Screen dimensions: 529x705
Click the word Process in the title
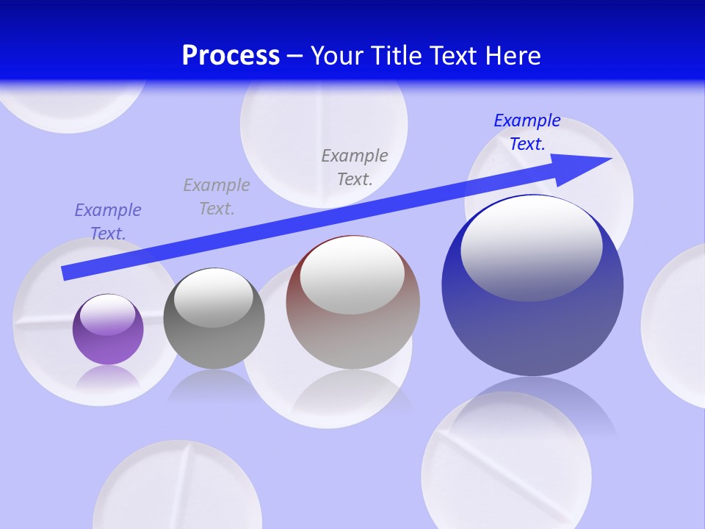231,56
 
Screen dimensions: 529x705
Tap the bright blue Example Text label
527,132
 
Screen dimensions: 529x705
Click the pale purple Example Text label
108,222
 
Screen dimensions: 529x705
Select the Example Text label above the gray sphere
217,197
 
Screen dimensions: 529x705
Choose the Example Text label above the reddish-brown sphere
355,167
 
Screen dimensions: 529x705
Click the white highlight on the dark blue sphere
531,248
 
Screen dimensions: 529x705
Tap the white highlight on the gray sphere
213,297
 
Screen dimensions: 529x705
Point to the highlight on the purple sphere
108,314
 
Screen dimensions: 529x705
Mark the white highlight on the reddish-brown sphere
352,274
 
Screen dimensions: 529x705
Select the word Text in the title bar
452,56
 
